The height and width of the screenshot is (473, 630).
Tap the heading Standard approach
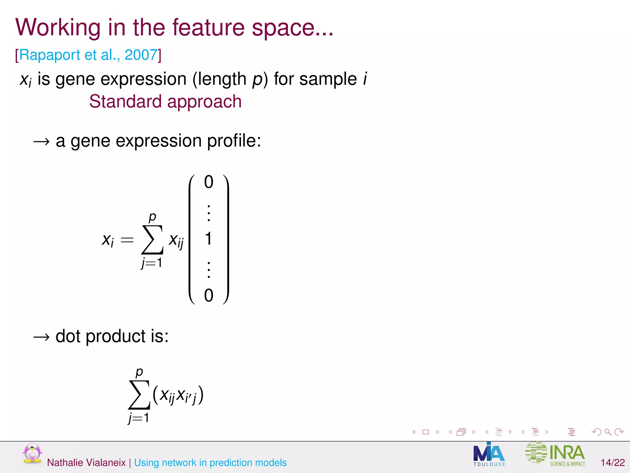[165, 101]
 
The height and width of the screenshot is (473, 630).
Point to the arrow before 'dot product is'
[41, 337]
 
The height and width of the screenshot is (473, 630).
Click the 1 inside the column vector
[208, 239]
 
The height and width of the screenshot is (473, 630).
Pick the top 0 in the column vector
[209, 182]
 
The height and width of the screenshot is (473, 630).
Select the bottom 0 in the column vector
[209, 296]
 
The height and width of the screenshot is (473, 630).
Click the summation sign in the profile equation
[152, 240]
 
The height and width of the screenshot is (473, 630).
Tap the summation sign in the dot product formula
[139, 395]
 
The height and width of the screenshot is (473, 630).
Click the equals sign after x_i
[127, 240]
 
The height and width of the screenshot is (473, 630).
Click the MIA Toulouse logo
[489, 455]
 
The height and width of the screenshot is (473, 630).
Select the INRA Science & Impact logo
[555, 453]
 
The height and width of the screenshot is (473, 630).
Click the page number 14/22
[613, 463]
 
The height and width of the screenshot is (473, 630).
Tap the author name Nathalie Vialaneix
[86, 463]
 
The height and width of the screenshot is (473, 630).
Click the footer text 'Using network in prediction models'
[210, 463]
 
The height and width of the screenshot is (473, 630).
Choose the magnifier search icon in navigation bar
[608, 432]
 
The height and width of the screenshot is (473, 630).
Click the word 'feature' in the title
[208, 28]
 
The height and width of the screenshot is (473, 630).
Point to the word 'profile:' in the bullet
[234, 141]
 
